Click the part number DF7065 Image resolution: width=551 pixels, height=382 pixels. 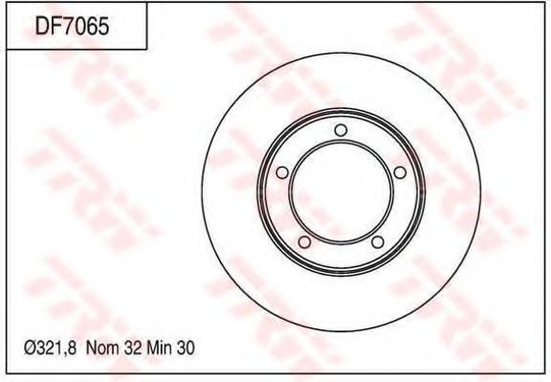[x=73, y=26]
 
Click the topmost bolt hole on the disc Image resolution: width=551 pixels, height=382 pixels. [x=341, y=131]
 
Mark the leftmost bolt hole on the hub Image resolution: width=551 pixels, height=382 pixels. [x=281, y=173]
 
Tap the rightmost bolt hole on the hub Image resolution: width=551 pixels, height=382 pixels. [x=400, y=173]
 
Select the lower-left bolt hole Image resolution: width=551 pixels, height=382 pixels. [x=304, y=242]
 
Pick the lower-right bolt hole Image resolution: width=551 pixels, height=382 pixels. [x=377, y=242]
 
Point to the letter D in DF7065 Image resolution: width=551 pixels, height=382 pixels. [x=43, y=26]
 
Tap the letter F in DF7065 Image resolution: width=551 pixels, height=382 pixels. [x=55, y=26]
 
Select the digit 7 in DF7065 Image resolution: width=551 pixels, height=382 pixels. [x=68, y=26]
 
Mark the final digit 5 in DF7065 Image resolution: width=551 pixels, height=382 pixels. [x=103, y=26]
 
